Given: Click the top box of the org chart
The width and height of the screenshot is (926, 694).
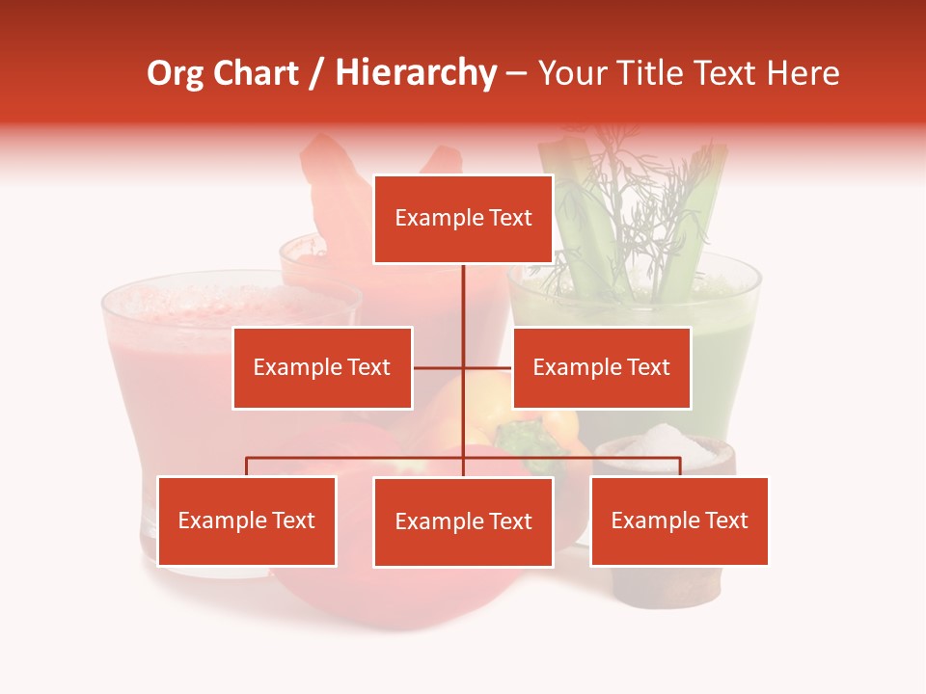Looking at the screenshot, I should click(463, 219).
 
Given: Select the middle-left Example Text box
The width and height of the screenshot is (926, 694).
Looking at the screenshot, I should click(322, 367).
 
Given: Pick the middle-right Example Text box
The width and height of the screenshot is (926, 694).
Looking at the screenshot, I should click(601, 367).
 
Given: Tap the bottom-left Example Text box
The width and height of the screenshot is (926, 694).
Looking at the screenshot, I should click(247, 520).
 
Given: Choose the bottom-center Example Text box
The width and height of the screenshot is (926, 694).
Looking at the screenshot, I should click(463, 521).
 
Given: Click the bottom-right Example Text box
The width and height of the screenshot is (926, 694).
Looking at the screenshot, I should click(679, 520).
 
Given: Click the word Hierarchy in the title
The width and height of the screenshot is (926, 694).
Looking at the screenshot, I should click(415, 73).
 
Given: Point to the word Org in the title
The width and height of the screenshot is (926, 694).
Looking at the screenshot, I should click(175, 73).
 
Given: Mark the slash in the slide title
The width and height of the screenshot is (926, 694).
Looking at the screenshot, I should click(314, 74).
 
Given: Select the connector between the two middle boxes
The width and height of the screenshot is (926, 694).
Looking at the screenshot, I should click(463, 367).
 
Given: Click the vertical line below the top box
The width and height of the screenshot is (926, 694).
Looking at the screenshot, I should click(463, 294).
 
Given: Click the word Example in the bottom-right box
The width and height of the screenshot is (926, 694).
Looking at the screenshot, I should click(646, 520).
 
